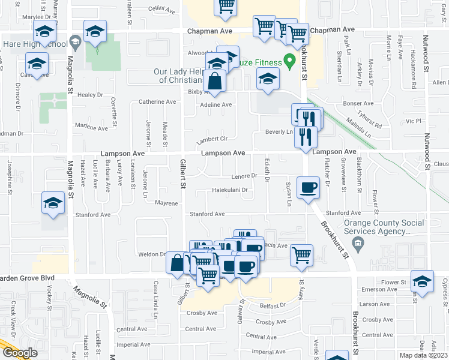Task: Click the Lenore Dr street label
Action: (244, 176)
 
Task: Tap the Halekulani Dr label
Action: (230, 190)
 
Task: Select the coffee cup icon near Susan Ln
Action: (308, 187)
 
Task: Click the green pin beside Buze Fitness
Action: (290, 61)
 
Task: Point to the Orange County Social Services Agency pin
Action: (358, 243)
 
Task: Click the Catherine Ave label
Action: (157, 101)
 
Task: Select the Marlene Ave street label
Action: (91, 127)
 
